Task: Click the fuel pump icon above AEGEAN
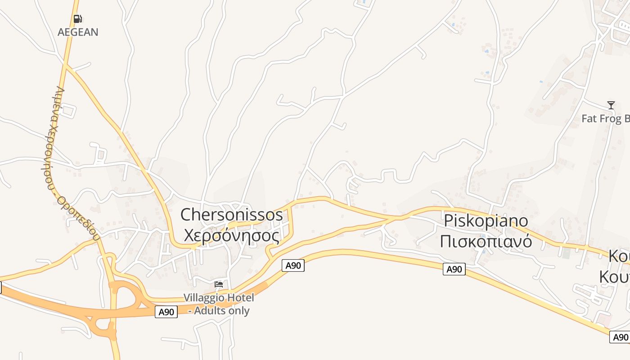click(77, 19)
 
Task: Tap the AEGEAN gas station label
click(78, 32)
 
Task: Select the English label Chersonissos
click(232, 215)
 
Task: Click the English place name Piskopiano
click(486, 221)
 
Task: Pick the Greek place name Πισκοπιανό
click(486, 242)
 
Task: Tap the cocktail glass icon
click(611, 105)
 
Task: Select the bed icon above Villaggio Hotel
click(219, 284)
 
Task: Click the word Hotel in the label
click(240, 297)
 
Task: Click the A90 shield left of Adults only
click(166, 311)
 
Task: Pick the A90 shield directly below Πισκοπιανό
click(454, 269)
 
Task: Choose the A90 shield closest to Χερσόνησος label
click(293, 265)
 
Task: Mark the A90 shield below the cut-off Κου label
click(620, 337)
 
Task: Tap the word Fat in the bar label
click(589, 119)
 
